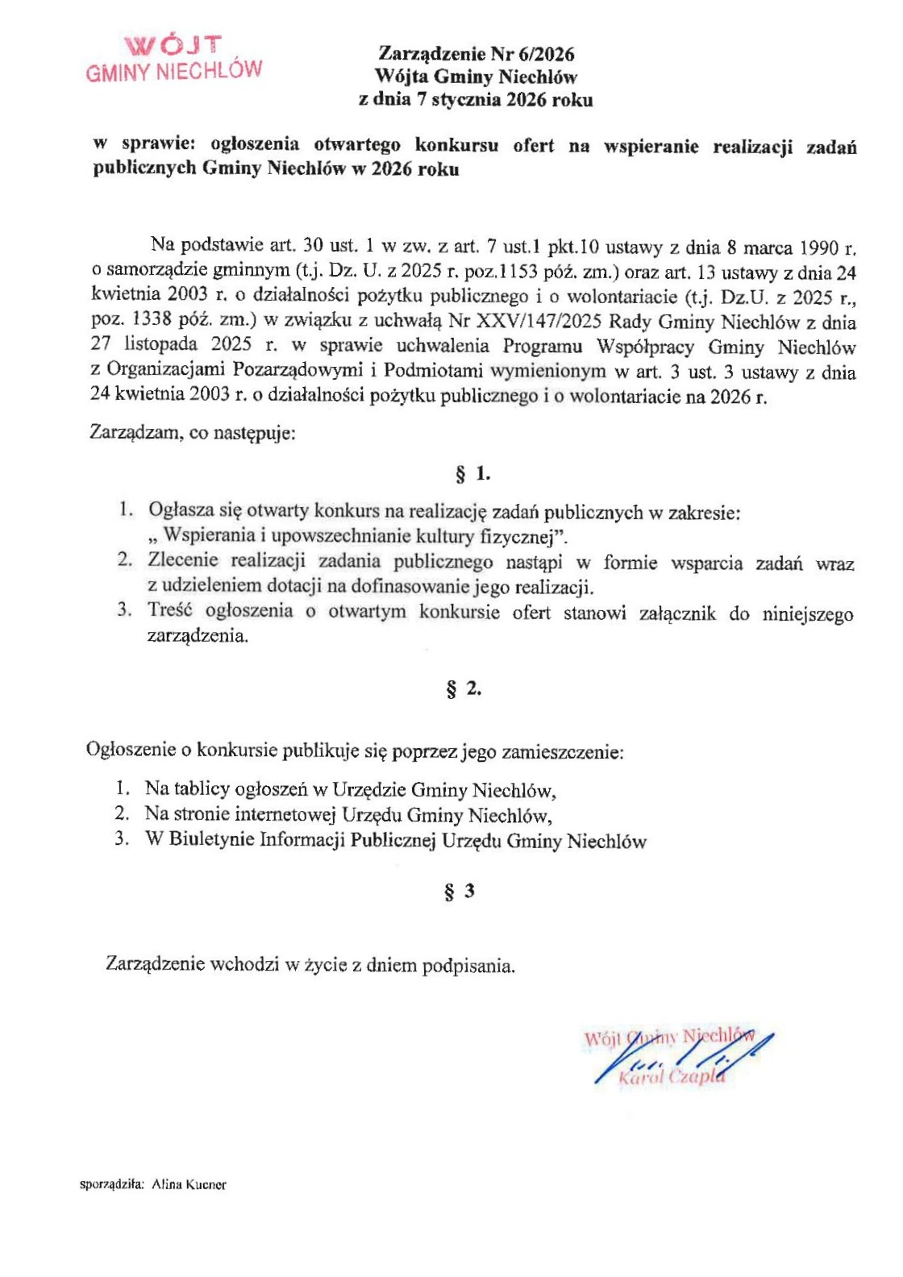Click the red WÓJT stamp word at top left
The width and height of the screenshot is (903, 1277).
click(x=173, y=45)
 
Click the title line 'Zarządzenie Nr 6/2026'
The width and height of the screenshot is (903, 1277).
click(x=476, y=54)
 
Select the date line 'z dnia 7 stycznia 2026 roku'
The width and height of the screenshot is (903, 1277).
click(x=476, y=100)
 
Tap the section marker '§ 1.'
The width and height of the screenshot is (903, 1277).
click(x=473, y=474)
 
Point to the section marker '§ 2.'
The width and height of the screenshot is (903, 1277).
click(x=464, y=689)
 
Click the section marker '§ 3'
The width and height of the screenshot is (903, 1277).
click(x=460, y=892)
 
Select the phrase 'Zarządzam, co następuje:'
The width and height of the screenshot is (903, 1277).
click(x=193, y=433)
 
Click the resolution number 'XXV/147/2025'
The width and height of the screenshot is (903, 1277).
click(x=539, y=322)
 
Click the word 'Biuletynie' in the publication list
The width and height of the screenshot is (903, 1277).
click(x=210, y=840)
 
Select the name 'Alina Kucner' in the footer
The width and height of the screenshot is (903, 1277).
click(x=189, y=1185)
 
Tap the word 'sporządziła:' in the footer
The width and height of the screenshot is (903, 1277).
click(x=112, y=1185)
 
